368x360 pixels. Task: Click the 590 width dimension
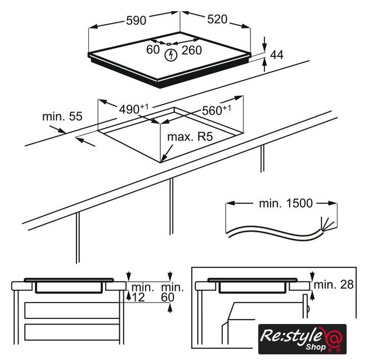(136, 20)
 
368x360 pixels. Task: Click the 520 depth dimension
(217, 19)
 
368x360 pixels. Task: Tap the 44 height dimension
(277, 55)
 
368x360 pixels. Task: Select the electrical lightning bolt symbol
(170, 55)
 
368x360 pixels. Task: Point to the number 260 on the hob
(191, 50)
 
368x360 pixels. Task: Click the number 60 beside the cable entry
(153, 49)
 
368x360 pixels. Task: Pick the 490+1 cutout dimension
(134, 109)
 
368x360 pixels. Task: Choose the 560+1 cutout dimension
(217, 110)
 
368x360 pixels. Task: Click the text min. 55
(62, 116)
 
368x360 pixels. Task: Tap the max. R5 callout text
(190, 137)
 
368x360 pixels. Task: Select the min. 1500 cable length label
(286, 203)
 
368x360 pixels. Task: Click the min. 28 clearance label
(334, 285)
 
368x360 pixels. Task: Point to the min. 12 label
(142, 292)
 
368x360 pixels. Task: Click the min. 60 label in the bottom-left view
(172, 292)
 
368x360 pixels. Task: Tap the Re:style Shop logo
(302, 339)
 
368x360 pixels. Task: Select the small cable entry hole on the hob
(168, 44)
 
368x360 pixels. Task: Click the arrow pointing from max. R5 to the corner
(167, 153)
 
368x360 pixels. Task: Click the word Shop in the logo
(316, 346)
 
